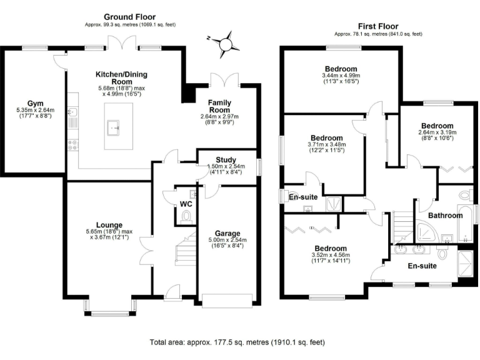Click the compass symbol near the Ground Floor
point(225,43)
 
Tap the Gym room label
point(35,103)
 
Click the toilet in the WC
point(185,216)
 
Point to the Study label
point(226,160)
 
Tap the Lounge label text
point(109,225)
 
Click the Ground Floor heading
point(129,17)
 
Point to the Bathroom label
point(446,215)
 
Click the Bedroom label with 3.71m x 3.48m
point(326,137)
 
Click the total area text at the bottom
point(237,342)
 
